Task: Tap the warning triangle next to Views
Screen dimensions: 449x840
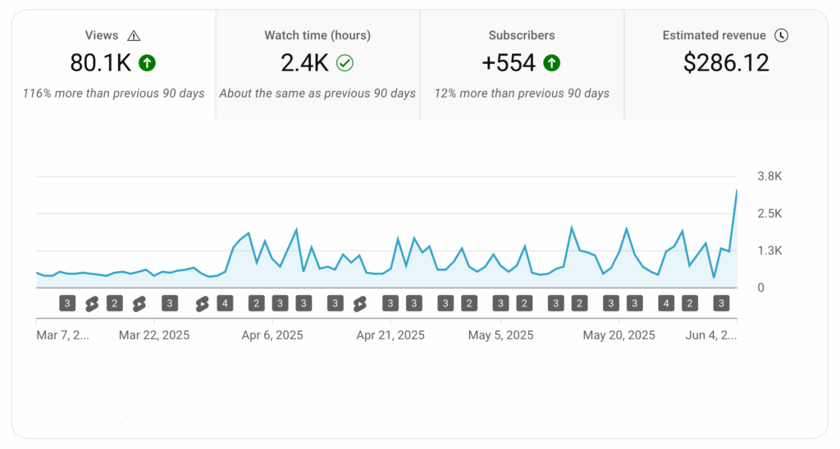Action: click(x=134, y=35)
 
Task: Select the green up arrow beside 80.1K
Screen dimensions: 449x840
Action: click(x=148, y=62)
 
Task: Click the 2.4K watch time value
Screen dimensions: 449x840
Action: click(x=305, y=63)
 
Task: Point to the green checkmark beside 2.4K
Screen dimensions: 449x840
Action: click(x=345, y=63)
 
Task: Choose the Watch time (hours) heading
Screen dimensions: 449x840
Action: click(x=317, y=35)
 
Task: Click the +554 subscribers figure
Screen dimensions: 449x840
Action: click(x=509, y=63)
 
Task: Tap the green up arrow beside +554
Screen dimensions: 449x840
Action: click(x=551, y=62)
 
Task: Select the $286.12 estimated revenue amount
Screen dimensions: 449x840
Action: click(x=726, y=63)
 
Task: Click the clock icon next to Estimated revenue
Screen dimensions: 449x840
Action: click(x=781, y=35)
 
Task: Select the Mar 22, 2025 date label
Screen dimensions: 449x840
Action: click(x=154, y=335)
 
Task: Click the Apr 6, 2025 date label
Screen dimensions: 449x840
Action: click(x=272, y=335)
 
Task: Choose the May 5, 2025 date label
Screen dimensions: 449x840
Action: click(x=500, y=335)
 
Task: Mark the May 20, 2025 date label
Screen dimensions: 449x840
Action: click(x=619, y=335)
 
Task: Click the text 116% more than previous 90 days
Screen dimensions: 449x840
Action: click(x=114, y=93)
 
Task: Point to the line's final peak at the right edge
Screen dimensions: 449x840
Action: click(x=736, y=191)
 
